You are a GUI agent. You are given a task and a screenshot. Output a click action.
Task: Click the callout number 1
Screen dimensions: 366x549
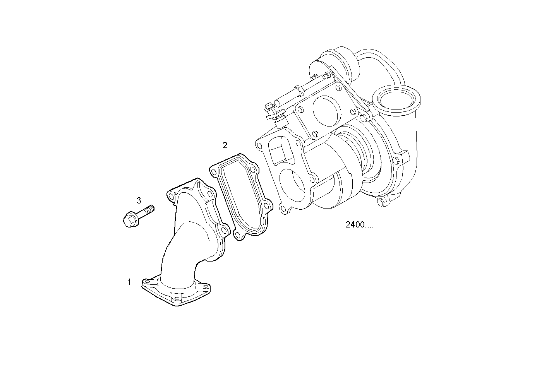[x=129, y=282]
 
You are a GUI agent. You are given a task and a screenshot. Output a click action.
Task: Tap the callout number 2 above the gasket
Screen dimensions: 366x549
[x=225, y=145]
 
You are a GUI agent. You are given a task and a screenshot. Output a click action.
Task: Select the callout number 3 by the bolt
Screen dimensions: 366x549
[x=139, y=200]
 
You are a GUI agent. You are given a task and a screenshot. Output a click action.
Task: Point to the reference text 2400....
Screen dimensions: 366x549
[x=359, y=225]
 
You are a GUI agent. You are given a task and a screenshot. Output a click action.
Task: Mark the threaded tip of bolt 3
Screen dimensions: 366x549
[x=151, y=209]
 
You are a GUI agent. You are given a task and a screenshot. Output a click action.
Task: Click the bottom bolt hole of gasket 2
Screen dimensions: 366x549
[x=238, y=235]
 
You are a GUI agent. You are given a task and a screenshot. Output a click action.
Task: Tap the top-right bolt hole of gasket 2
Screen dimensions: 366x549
[x=252, y=169]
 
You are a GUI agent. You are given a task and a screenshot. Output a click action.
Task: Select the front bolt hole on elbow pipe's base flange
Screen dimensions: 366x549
[x=177, y=297]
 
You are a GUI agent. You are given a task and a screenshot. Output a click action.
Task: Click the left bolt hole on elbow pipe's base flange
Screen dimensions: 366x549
[x=147, y=283]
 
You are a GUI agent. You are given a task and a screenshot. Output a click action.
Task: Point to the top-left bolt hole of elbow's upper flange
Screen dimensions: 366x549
[x=171, y=194]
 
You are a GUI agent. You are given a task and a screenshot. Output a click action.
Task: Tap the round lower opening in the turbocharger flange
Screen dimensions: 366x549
[x=295, y=185]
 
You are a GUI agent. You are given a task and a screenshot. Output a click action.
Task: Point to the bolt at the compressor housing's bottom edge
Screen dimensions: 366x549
[x=381, y=202]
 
